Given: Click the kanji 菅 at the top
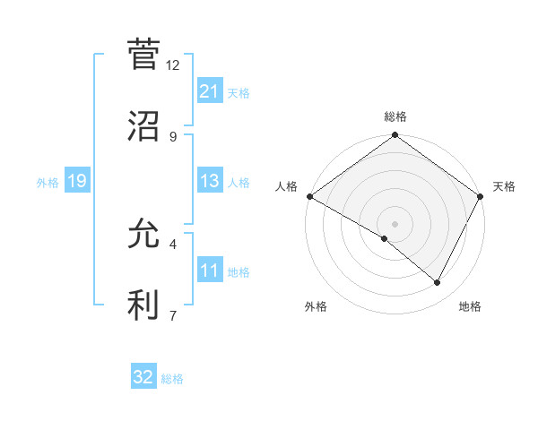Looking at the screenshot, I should [143, 56].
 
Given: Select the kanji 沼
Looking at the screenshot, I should [143, 126].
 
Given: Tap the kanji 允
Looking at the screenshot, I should [143, 234].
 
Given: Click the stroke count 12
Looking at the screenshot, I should [173, 65].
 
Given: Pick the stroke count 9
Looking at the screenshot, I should [173, 136].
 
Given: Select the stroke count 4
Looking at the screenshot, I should [173, 244].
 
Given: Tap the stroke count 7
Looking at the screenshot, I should [173, 314].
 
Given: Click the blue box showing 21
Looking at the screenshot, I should [210, 91].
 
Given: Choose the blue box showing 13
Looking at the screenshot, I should [210, 181].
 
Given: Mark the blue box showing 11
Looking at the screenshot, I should [210, 271].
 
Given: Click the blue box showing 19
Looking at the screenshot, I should [77, 181].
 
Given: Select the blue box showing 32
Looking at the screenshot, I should [143, 377].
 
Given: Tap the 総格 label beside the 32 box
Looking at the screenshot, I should [172, 379].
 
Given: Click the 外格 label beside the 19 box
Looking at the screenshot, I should [48, 183].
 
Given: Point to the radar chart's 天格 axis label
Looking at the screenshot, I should [504, 186].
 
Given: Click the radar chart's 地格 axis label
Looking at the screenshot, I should [470, 306].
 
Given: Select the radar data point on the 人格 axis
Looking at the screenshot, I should [309, 196].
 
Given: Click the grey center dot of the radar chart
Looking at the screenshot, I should [395, 223].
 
